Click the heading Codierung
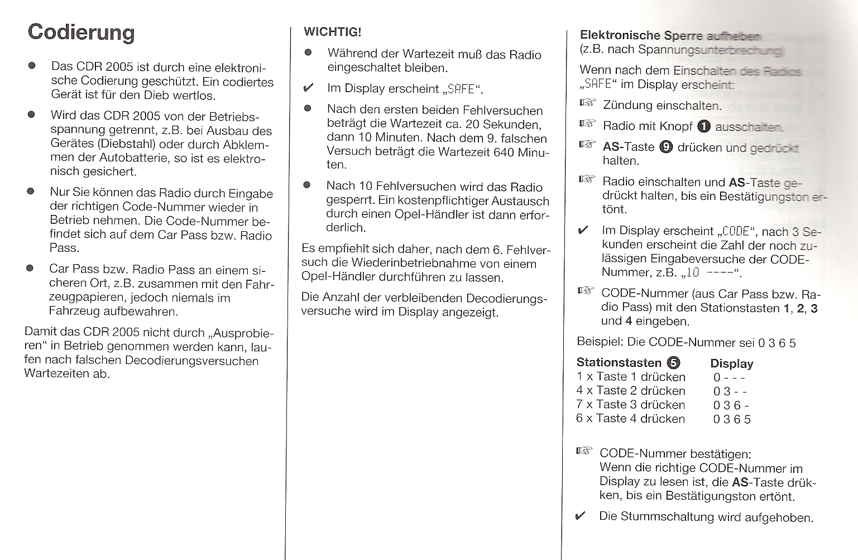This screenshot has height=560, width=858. (81, 32)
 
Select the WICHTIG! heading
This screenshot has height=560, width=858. (332, 32)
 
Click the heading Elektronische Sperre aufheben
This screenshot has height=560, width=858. (670, 36)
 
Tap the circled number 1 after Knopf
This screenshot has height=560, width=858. (704, 127)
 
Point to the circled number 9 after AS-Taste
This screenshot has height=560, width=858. (666, 147)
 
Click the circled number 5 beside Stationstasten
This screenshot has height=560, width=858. (674, 363)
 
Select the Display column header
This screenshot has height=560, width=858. (731, 364)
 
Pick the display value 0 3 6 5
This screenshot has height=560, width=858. (732, 419)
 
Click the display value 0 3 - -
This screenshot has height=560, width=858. (730, 391)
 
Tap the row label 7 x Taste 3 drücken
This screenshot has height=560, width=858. (630, 405)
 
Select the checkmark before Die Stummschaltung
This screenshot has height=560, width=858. (581, 516)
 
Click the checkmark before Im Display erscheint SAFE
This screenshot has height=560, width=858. (308, 89)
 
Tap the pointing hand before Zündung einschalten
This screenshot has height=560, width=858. (587, 103)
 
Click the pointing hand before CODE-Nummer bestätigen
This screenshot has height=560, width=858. (584, 451)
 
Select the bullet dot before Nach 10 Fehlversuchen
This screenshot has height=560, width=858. (306, 185)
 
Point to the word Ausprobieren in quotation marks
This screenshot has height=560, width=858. (243, 333)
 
